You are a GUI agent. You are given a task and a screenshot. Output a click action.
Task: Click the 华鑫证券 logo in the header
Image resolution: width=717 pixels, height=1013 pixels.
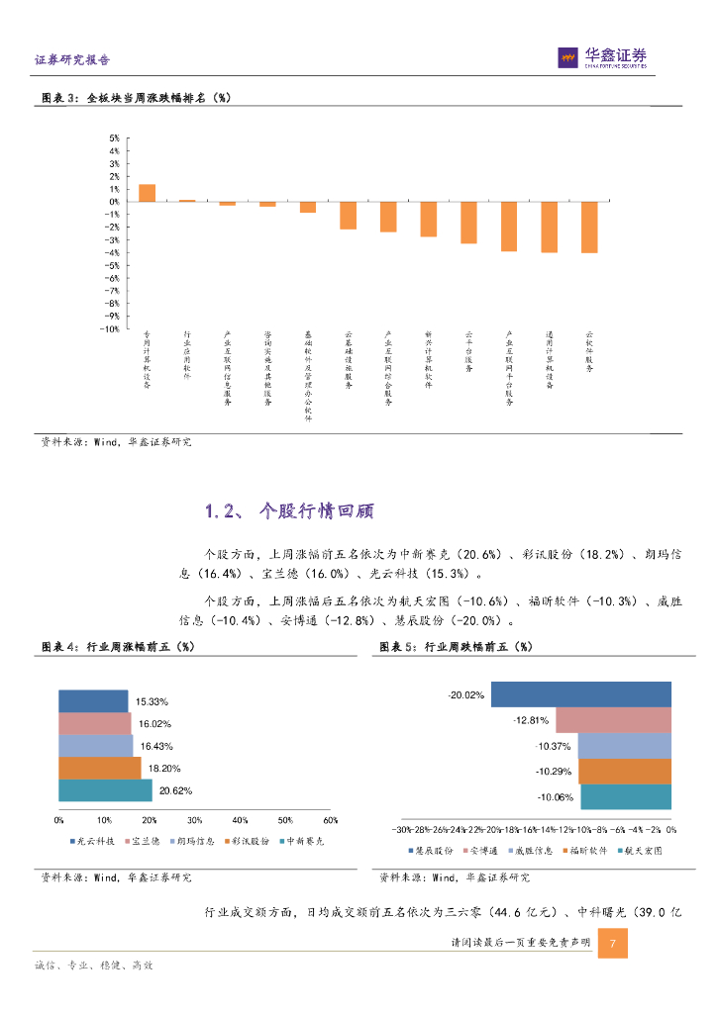(602, 58)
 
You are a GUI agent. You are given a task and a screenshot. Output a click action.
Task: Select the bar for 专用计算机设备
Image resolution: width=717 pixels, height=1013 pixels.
(147, 193)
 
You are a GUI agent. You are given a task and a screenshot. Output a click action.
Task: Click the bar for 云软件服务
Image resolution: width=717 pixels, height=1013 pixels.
(589, 227)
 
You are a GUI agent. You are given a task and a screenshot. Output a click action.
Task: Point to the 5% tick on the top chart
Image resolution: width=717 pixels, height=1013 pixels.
(114, 138)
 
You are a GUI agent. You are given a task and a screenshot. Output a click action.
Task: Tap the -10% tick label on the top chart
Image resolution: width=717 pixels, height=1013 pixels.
(111, 328)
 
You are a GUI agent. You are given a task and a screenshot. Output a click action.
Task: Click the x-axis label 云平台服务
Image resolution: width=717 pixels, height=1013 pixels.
(468, 352)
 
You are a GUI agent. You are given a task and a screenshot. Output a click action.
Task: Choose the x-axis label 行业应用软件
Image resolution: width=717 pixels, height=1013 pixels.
(187, 356)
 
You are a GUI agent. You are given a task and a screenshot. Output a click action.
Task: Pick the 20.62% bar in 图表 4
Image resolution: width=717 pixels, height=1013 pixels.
(105, 790)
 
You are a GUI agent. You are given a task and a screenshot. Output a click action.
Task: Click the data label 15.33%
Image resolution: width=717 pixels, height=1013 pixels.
(152, 701)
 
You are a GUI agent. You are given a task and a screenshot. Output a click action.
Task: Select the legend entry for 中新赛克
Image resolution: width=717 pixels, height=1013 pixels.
(304, 841)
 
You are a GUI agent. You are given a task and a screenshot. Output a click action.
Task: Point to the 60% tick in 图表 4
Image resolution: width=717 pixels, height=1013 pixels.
(331, 820)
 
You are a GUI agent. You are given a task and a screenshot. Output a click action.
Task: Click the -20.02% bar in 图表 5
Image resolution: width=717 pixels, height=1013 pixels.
(581, 694)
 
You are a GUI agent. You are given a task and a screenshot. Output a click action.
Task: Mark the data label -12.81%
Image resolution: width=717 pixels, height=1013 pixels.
(530, 720)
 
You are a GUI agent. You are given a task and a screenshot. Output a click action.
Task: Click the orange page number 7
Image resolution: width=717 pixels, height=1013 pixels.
(613, 944)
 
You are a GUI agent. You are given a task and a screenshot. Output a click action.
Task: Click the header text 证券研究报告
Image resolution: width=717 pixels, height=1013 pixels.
(72, 59)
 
